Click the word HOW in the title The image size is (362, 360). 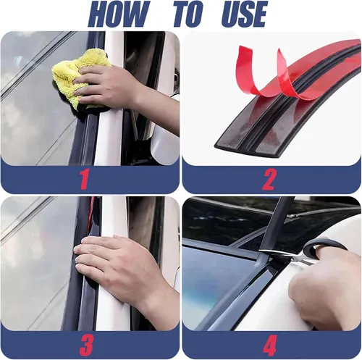117,14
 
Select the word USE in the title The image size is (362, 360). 244,14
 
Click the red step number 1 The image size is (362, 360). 85,179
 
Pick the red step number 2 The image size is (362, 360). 268,180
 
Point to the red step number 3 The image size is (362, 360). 86,345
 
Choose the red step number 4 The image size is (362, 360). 269,345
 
